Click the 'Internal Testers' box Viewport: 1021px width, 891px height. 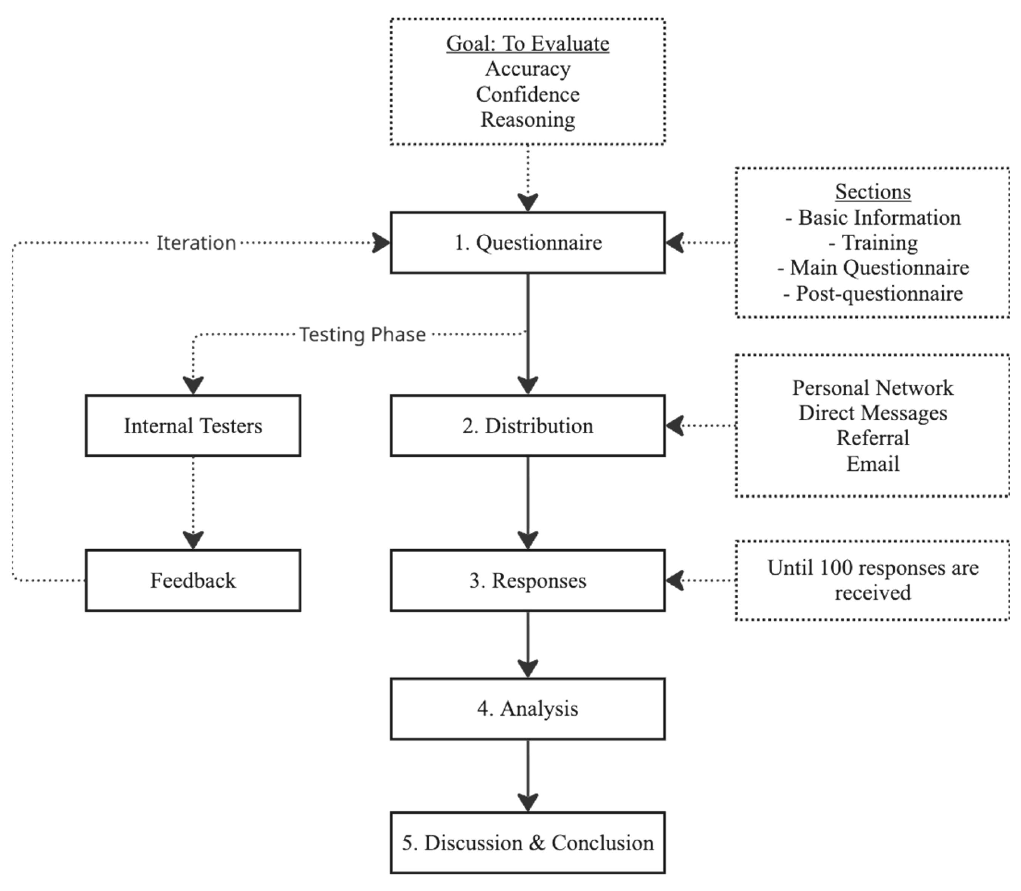pos(193,426)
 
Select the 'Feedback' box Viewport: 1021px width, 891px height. pos(193,580)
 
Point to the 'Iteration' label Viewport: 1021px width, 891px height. pos(196,243)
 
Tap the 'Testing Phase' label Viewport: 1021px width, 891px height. pos(363,335)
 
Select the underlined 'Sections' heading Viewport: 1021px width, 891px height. pos(873,191)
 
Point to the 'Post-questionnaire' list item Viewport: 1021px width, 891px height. pos(873,293)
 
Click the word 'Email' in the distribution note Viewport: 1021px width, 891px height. pos(873,464)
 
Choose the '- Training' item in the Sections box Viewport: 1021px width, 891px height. pos(873,243)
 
